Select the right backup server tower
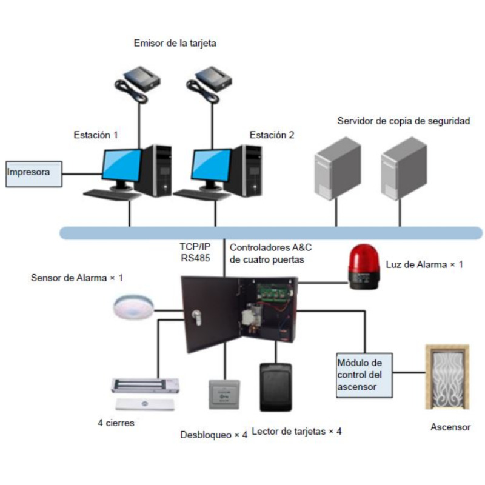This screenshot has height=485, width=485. (x=403, y=168)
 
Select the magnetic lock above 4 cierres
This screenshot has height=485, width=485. (x=146, y=385)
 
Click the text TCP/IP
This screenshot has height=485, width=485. (x=194, y=247)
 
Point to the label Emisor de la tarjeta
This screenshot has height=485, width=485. (x=175, y=43)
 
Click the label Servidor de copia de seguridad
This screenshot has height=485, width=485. (x=403, y=121)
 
